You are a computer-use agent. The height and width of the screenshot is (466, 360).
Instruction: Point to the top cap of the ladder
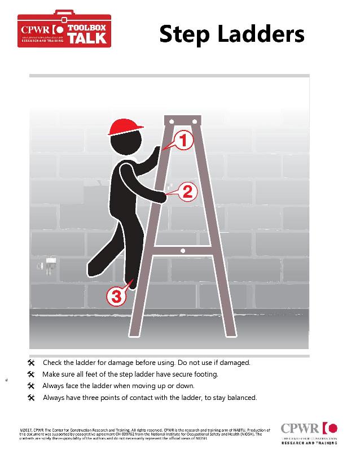coord(182,120)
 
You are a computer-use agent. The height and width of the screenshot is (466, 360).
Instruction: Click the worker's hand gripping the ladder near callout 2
coord(163,196)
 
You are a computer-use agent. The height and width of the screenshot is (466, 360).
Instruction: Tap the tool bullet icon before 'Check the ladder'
coord(31,363)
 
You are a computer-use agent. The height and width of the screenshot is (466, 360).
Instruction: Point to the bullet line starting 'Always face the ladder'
coord(118,386)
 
